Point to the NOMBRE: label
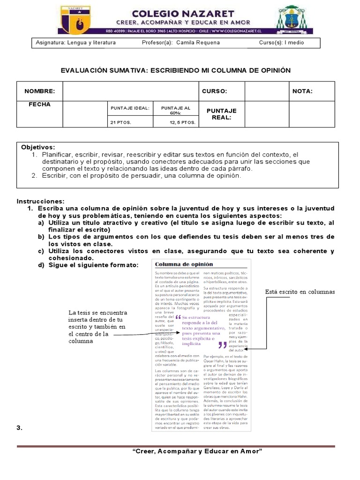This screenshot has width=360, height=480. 40,91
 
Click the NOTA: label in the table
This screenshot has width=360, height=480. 302,91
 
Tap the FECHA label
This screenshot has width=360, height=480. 39,105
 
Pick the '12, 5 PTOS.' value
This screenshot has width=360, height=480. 182,122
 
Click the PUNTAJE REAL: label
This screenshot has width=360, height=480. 222,114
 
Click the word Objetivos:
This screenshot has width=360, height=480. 38,147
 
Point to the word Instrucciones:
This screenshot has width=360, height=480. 41,201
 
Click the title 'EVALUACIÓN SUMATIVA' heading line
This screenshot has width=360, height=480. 176,70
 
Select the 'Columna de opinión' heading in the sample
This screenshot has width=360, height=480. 184,264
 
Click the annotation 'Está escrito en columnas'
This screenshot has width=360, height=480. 300,292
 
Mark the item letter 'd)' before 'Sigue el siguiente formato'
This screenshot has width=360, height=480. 41,265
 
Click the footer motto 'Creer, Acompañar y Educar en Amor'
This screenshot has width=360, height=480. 197,451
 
